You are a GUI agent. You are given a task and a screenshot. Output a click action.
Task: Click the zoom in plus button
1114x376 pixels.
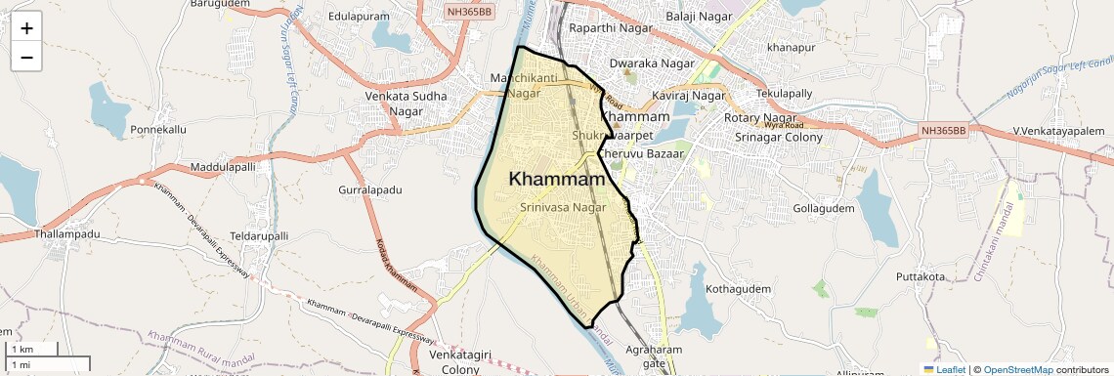pos(26,27)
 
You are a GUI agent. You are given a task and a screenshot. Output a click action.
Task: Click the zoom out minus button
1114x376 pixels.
pos(26,57)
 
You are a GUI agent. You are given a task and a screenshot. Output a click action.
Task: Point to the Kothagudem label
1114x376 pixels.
pos(739,289)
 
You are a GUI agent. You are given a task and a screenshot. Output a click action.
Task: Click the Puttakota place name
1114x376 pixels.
pos(921,277)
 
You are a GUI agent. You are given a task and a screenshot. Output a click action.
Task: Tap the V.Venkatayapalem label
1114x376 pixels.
pos(1058,131)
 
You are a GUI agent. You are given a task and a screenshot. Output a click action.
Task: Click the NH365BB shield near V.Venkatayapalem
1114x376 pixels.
pos(943,130)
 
